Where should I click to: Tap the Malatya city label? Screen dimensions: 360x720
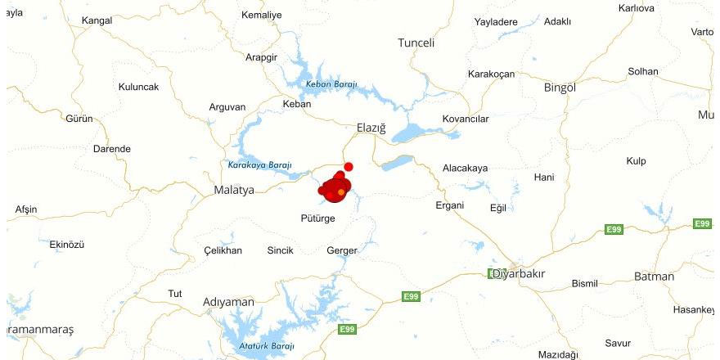click(234, 190)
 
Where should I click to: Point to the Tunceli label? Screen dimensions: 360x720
click(416, 43)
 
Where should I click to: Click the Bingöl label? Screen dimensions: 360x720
click(560, 88)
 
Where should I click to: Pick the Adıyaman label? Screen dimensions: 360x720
click(228, 302)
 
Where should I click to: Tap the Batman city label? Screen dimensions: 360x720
click(654, 277)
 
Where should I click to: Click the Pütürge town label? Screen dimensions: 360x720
click(317, 218)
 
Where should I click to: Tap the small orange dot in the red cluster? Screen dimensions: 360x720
click(341, 192)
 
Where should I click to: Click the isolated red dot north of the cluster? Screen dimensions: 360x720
click(349, 167)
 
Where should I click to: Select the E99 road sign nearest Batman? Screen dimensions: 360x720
click(614, 230)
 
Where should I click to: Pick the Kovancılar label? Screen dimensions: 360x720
click(465, 119)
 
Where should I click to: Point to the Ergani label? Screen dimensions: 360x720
click(449, 205)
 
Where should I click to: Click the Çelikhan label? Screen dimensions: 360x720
click(223, 250)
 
